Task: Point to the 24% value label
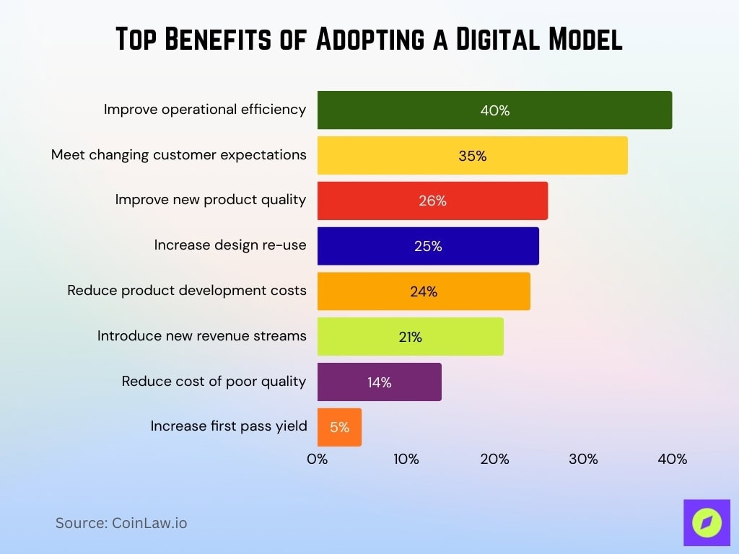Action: point(424,292)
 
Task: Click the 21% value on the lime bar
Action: point(410,337)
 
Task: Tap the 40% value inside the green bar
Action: point(495,111)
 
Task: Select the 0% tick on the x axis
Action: point(318,459)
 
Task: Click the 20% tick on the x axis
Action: point(495,459)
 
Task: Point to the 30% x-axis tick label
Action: point(583,459)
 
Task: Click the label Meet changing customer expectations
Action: point(178,154)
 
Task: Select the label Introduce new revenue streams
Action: point(201,335)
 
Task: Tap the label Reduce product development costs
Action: point(187,290)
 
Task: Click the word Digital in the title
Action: point(497,40)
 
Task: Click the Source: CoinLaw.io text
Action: point(121,523)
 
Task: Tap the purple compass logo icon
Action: point(707,522)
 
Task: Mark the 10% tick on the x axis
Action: point(406,459)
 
